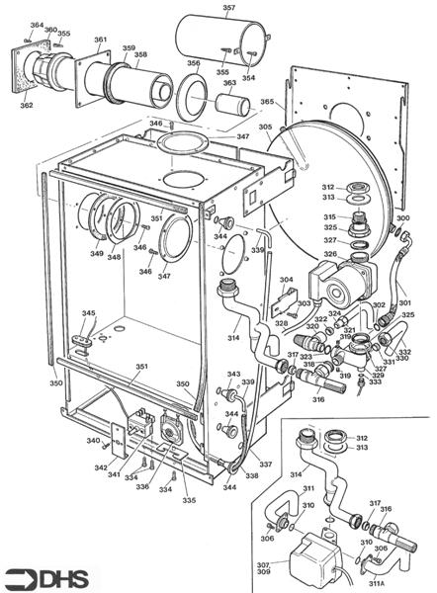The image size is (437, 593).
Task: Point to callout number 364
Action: pos(37,25)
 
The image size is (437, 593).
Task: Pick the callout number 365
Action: pos(267,102)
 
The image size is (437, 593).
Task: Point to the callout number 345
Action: pos(88,313)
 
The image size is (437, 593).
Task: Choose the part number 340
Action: pos(92,441)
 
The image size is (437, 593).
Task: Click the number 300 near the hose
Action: pos(402,217)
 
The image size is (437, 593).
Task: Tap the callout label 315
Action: pos(328,217)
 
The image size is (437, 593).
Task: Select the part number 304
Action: pos(286,281)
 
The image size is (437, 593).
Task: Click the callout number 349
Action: pos(96,254)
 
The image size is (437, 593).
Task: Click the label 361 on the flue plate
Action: pos(101,41)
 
